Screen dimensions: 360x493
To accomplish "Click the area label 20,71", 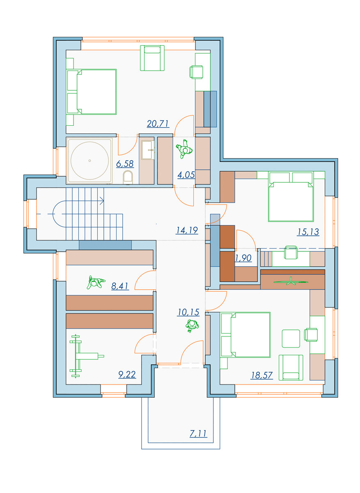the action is click(x=158, y=124).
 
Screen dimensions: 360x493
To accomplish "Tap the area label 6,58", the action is click(x=125, y=164).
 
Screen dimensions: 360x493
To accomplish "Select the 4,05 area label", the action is click(x=186, y=175).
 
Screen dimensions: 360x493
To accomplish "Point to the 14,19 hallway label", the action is click(x=187, y=230).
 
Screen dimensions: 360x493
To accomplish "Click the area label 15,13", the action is click(x=307, y=232).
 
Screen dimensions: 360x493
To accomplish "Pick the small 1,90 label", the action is click(x=243, y=258).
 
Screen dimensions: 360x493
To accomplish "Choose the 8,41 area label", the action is click(x=120, y=286).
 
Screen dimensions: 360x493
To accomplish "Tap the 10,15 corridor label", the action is click(x=188, y=312).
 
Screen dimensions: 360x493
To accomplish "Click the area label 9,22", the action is click(x=127, y=374).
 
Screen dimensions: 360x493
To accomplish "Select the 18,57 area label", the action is click(x=262, y=375).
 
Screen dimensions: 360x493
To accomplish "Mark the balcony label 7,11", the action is click(x=198, y=433).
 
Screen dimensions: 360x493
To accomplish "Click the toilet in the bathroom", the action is click(x=128, y=177).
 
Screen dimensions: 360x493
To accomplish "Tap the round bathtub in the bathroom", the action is click(x=89, y=161).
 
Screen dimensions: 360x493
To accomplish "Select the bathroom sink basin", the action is click(x=147, y=150).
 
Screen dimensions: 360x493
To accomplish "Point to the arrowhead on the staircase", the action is click(x=102, y=201).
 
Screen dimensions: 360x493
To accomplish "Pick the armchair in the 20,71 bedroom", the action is click(x=152, y=58).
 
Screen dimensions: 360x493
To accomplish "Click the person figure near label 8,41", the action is click(x=96, y=282).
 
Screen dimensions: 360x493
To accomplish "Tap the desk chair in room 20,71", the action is click(x=196, y=72).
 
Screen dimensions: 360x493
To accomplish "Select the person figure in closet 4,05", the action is click(x=184, y=149).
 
